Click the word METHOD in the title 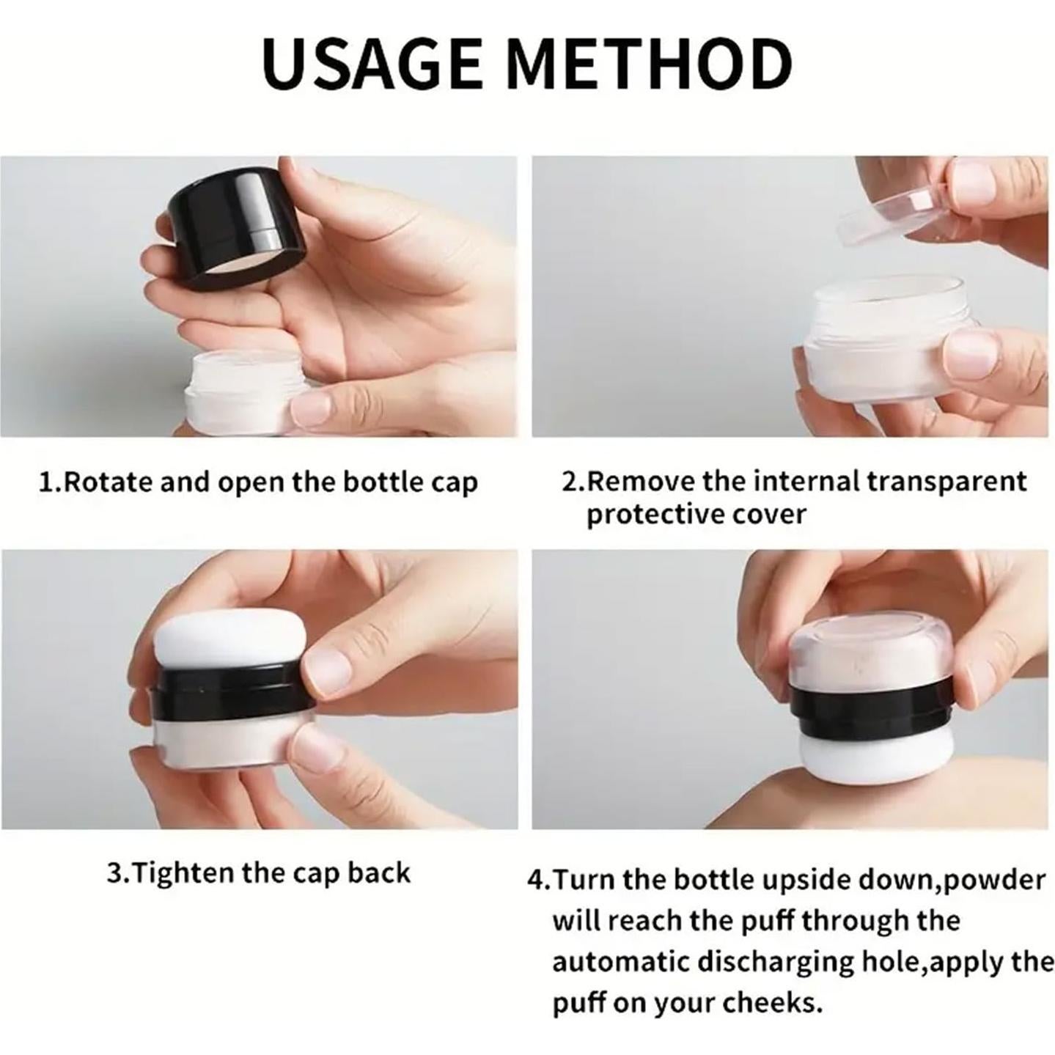click(x=652, y=63)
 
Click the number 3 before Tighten click(x=116, y=872)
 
